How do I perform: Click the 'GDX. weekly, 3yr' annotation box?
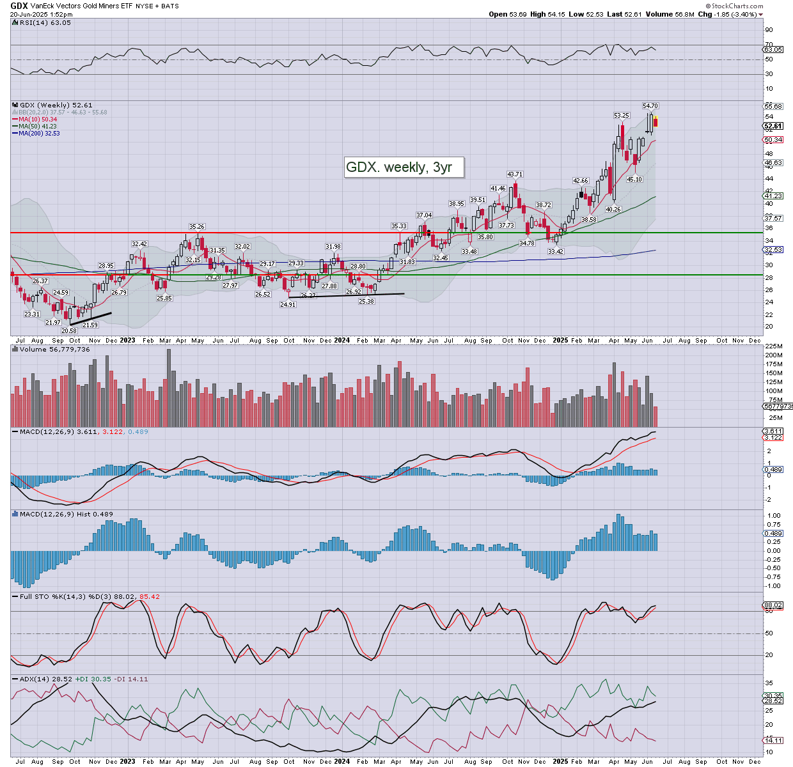399,167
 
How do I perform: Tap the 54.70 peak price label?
650,106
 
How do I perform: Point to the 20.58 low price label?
68,330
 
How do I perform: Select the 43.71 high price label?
515,174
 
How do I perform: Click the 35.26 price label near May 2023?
196,227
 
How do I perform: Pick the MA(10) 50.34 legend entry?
37,120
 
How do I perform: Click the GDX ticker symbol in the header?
19,6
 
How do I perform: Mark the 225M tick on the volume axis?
773,347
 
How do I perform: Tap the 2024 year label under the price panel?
342,341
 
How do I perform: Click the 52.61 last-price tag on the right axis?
773,126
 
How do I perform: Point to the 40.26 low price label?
613,210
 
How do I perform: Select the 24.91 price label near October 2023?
288,305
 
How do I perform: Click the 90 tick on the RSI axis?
769,29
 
